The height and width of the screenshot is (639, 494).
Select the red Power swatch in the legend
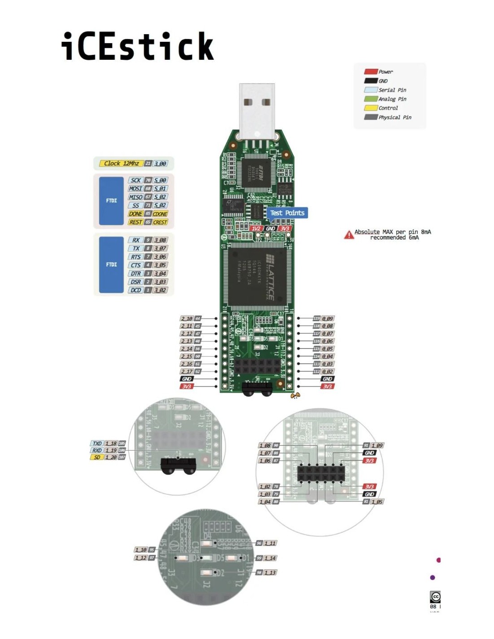coord(370,71)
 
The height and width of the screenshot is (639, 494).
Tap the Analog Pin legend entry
coord(392,99)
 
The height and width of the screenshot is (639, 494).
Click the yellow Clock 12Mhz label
coord(121,164)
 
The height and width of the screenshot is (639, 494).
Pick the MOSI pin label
coord(136,189)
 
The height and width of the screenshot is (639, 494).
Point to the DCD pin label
coord(136,290)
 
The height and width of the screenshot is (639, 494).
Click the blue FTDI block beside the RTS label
coord(111,265)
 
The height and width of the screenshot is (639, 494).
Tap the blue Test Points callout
coord(287,213)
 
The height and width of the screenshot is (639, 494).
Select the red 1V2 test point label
coord(256,228)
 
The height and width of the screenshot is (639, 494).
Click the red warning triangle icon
coord(349,235)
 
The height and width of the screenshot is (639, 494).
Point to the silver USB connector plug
coord(257,110)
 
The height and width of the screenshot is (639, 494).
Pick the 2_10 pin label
coord(187,319)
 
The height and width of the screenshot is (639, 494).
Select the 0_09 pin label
coord(327,319)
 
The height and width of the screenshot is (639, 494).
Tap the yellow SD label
coord(97,457)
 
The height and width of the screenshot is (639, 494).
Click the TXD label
coord(97,444)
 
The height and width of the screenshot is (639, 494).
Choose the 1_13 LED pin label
coord(270,572)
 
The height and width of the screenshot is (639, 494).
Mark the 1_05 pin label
coord(377,501)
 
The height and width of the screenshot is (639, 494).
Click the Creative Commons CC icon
coord(435,597)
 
